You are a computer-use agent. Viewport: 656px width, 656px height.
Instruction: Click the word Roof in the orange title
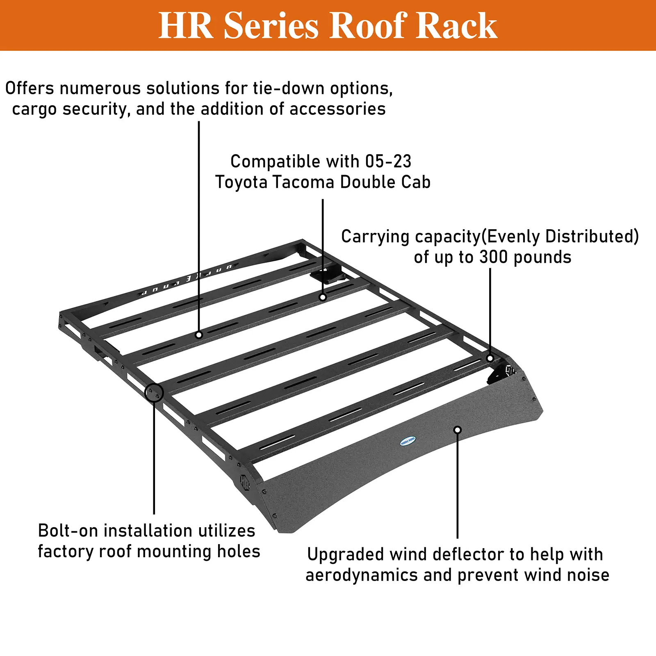click(367, 26)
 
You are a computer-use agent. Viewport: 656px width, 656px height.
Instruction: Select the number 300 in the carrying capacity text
click(494, 257)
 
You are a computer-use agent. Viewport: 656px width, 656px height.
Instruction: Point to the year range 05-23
click(388, 162)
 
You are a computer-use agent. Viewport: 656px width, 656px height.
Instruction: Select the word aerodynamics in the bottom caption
click(361, 575)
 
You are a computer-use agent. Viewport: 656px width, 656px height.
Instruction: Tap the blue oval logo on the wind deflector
click(408, 441)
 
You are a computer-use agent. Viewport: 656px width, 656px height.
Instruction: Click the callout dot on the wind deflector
click(458, 430)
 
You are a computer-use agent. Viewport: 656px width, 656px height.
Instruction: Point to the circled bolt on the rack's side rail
click(154, 393)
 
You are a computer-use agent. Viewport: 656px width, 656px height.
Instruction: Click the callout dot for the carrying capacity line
click(490, 358)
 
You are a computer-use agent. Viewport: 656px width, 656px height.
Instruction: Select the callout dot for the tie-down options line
click(199, 335)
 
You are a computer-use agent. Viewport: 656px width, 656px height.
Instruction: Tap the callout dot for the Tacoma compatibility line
click(323, 297)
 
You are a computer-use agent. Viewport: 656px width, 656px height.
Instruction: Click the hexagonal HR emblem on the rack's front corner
click(245, 482)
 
